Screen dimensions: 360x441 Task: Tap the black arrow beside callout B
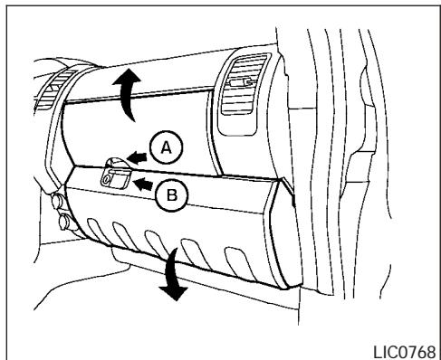tap(142, 185)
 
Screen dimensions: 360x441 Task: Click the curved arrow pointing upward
tap(129, 93)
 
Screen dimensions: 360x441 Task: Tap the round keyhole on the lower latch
tap(107, 181)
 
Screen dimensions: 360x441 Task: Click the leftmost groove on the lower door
tap(108, 236)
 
